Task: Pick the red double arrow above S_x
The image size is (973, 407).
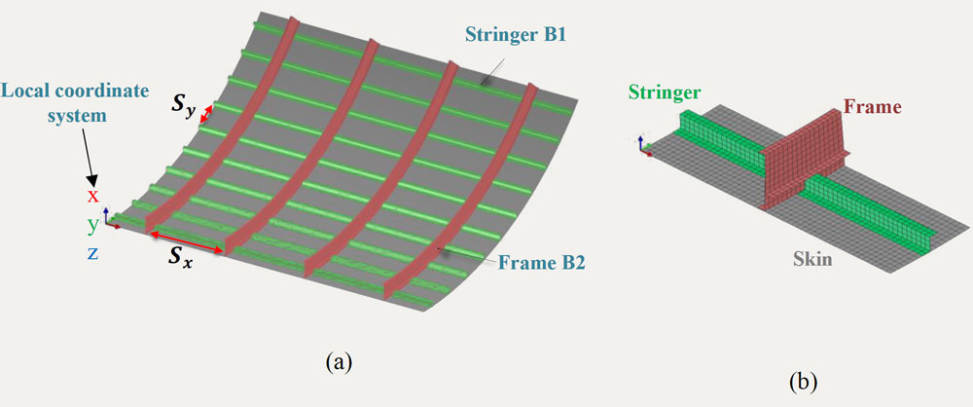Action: pyautogui.click(x=186, y=242)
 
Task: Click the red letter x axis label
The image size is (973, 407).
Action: pyautogui.click(x=93, y=196)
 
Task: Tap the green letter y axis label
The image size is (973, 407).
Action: pyautogui.click(x=93, y=224)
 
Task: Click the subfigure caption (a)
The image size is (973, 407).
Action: pyautogui.click(x=337, y=363)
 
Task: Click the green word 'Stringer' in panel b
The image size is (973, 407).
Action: pyautogui.click(x=665, y=94)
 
